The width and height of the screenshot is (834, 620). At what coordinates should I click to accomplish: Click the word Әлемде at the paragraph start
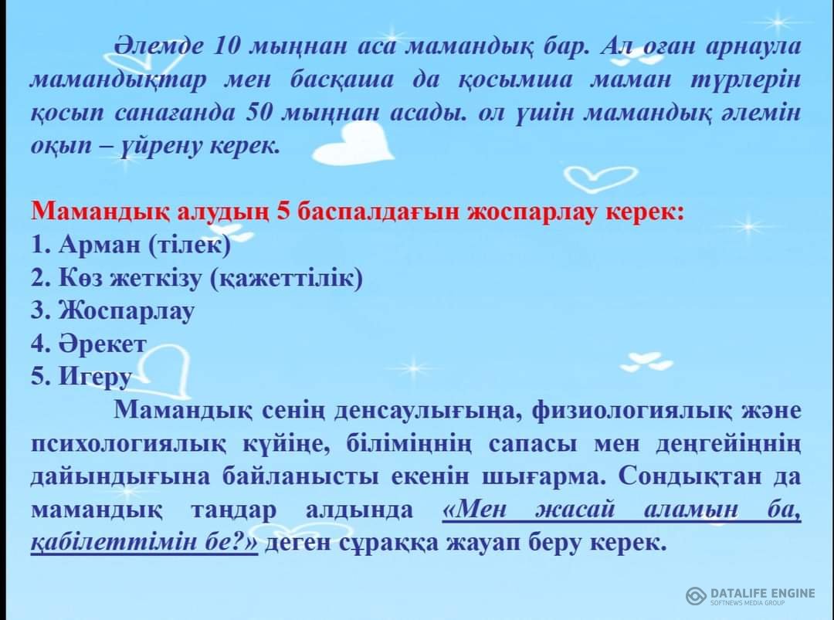pyautogui.click(x=158, y=47)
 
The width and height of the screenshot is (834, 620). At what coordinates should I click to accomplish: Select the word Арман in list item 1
pyautogui.click(x=100, y=244)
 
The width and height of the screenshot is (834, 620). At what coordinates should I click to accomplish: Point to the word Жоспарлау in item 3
pyautogui.click(x=127, y=311)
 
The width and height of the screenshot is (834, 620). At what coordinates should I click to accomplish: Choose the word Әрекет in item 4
pyautogui.click(x=102, y=344)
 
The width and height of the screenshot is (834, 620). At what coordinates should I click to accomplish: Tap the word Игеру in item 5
pyautogui.click(x=95, y=377)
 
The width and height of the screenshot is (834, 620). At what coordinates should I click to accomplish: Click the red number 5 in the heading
pyautogui.click(x=283, y=212)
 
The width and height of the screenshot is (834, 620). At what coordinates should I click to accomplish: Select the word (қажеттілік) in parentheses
pyautogui.click(x=286, y=277)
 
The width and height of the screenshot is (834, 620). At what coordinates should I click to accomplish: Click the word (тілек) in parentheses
pyautogui.click(x=189, y=244)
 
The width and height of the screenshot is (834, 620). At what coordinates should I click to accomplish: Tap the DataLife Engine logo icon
pyautogui.click(x=696, y=595)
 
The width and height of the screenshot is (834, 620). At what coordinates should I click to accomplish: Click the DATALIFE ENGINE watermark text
pyautogui.click(x=762, y=593)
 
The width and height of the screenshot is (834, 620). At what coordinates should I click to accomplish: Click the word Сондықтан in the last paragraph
pyautogui.click(x=691, y=476)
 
